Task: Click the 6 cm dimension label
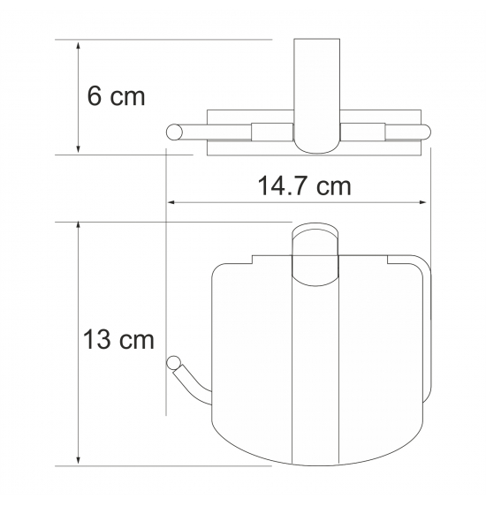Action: (117, 96)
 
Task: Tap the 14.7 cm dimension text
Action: (304, 185)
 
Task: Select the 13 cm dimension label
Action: (118, 339)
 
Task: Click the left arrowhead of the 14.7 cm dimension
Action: (171, 202)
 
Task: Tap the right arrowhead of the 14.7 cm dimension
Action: (421, 202)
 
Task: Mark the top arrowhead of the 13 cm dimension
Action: (78, 227)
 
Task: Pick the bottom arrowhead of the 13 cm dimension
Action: (78, 461)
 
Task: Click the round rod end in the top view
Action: (174, 132)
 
